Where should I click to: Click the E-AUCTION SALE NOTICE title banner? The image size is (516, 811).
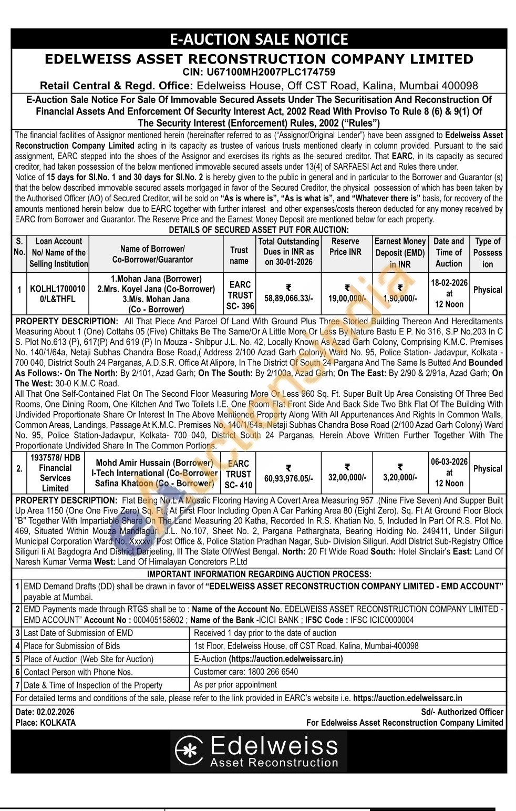259,39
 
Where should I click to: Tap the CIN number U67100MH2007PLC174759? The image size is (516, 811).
259,72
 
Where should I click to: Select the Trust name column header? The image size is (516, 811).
239,255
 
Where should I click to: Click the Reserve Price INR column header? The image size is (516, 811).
345,247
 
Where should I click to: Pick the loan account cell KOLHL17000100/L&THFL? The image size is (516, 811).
57,294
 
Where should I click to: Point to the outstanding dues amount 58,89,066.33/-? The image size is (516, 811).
288,298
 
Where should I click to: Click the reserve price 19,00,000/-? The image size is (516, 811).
347,298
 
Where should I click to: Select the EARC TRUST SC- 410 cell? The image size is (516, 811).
239,474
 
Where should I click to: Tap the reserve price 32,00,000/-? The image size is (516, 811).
347,477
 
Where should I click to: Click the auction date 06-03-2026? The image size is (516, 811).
449,461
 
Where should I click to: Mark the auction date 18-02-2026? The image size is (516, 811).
449,282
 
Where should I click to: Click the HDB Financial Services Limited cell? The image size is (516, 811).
55,473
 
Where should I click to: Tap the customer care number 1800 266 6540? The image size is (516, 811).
269,672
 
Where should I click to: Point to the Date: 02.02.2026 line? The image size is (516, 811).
45,712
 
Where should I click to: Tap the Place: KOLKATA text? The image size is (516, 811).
46,723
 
